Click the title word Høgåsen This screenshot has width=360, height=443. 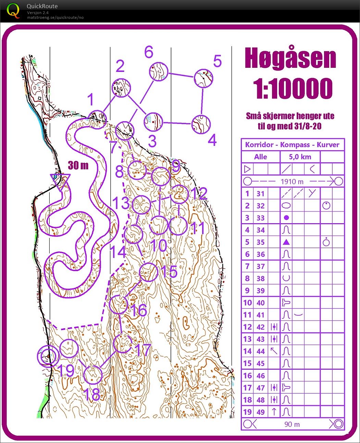[290, 58]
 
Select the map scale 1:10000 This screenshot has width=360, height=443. [293, 88]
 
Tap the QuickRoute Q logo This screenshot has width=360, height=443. [13, 11]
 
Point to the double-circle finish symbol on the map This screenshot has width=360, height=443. [48, 356]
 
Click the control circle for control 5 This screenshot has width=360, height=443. [204, 78]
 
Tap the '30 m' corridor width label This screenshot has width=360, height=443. [78, 165]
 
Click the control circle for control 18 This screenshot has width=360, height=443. [93, 375]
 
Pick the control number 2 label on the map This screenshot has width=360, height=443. [120, 66]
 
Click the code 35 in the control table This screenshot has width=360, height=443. [260, 242]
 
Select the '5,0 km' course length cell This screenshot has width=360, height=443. [300, 157]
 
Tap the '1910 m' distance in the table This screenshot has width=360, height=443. [292, 181]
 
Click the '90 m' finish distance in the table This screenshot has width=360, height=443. [292, 424]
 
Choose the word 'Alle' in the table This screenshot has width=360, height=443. [260, 157]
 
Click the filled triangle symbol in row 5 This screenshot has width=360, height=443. [286, 242]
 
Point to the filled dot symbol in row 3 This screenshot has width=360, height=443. [286, 218]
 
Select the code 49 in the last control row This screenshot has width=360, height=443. [260, 412]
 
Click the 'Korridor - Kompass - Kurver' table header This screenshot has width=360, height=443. [292, 144]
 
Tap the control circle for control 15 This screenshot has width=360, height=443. [149, 272]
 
